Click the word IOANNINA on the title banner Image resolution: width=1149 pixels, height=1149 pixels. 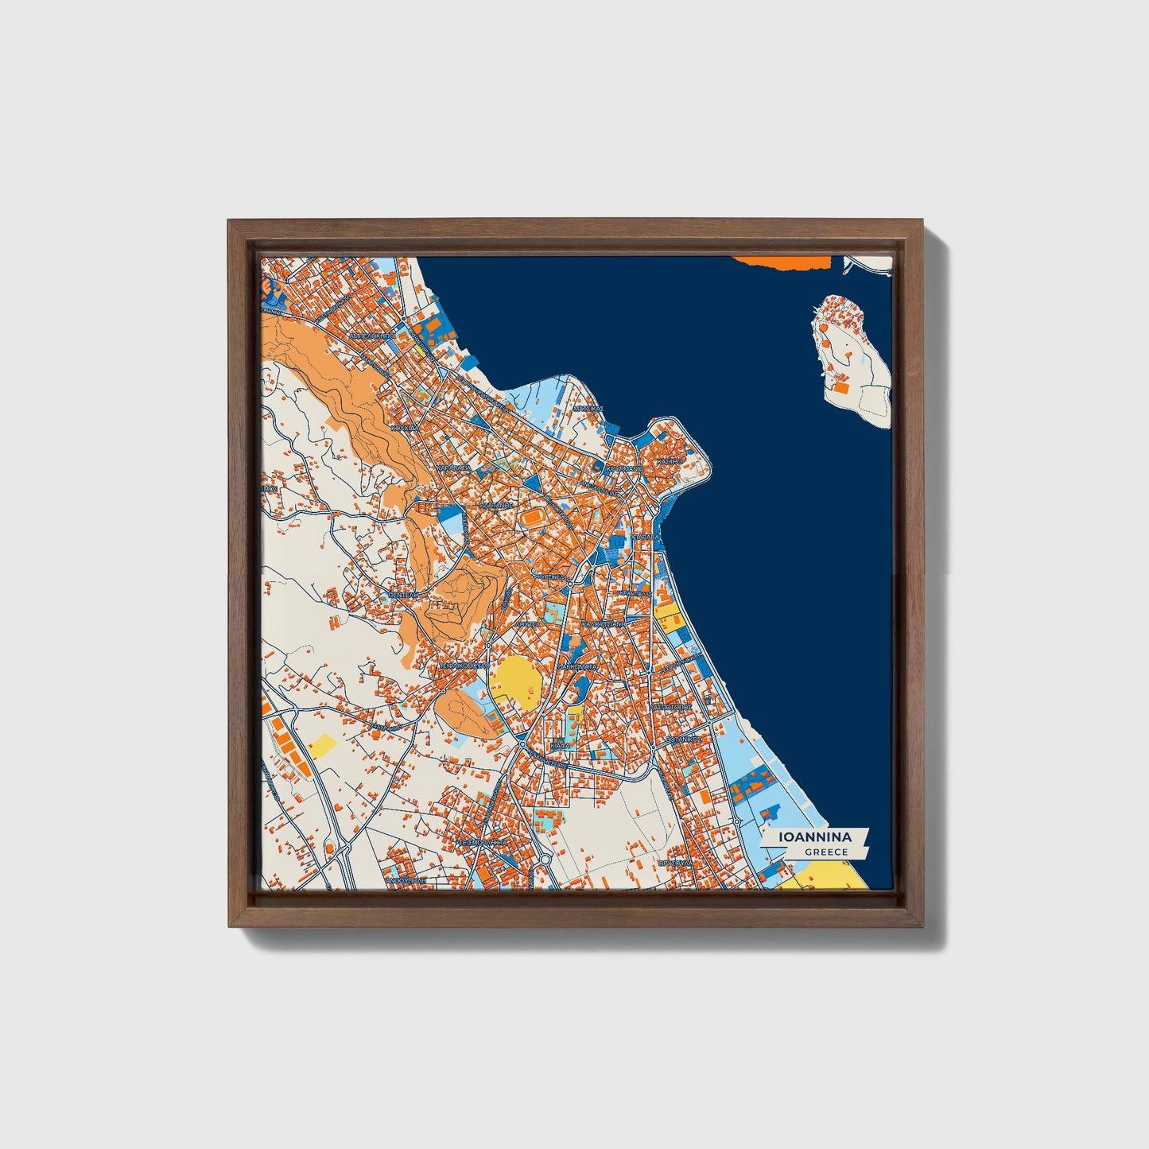815,837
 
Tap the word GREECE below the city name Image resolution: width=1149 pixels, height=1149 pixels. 825,852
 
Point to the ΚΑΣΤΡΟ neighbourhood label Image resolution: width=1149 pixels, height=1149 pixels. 671,460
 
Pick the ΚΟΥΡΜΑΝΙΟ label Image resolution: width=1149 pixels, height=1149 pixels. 624,469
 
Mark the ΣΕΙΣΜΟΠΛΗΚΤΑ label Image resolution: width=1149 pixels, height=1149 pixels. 483,840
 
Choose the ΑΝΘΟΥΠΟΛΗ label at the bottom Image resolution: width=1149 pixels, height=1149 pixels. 406,881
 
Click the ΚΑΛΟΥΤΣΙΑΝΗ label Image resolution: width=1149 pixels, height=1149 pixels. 604,625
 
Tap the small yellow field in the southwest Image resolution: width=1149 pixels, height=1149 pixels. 323,745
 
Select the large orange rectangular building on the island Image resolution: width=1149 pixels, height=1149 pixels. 840,388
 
